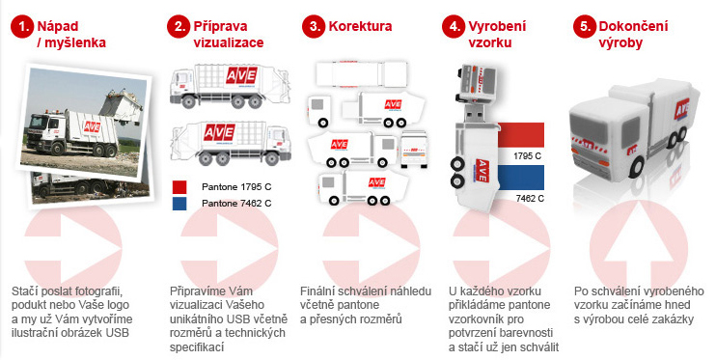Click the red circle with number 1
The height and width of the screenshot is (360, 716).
[x=22, y=26]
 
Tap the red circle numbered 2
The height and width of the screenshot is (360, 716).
[x=179, y=26]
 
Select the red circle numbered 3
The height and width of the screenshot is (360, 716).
[x=314, y=26]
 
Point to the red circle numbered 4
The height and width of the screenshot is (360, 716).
[x=454, y=26]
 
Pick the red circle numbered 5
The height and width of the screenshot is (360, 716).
[x=585, y=26]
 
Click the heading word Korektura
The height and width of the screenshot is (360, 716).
[x=360, y=26]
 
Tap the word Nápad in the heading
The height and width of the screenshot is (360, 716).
[x=58, y=26]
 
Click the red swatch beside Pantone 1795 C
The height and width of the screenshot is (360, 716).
[x=179, y=187]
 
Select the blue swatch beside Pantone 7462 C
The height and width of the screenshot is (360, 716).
[x=179, y=204]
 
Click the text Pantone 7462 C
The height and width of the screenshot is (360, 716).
[x=236, y=204]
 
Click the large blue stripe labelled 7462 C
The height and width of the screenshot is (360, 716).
[x=520, y=178]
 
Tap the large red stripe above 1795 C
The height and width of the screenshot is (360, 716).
[x=520, y=135]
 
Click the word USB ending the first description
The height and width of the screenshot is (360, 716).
[x=118, y=333]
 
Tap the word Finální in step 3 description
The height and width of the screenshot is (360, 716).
[x=316, y=291]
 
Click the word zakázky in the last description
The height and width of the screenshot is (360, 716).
[x=674, y=318]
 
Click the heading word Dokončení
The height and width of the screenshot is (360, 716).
[x=633, y=26]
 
